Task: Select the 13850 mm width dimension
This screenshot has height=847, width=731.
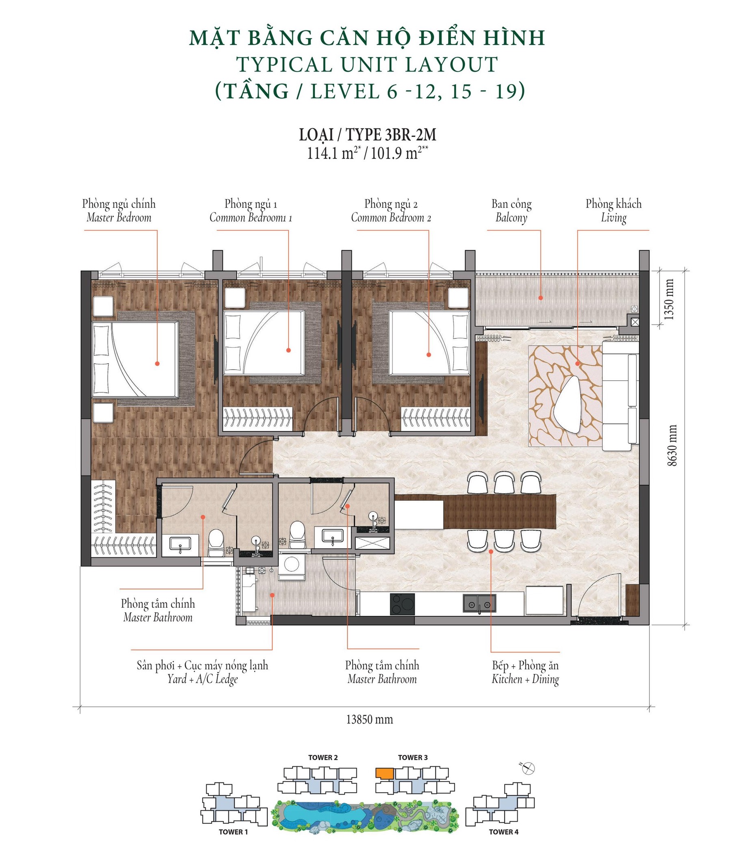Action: tap(369, 719)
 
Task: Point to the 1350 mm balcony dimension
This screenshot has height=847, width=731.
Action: tap(668, 299)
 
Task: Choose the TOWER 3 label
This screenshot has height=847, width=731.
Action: tap(412, 758)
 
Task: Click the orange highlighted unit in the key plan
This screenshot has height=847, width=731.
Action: tap(384, 773)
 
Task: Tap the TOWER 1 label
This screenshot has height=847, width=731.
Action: tap(233, 832)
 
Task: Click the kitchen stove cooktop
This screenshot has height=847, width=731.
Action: tap(402, 604)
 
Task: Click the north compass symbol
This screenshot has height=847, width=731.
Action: tap(529, 769)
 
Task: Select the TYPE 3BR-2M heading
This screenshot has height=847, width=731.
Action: tap(368, 134)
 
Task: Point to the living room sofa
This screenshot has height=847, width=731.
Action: tap(620, 396)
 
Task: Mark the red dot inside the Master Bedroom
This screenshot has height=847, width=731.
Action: tap(157, 363)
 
